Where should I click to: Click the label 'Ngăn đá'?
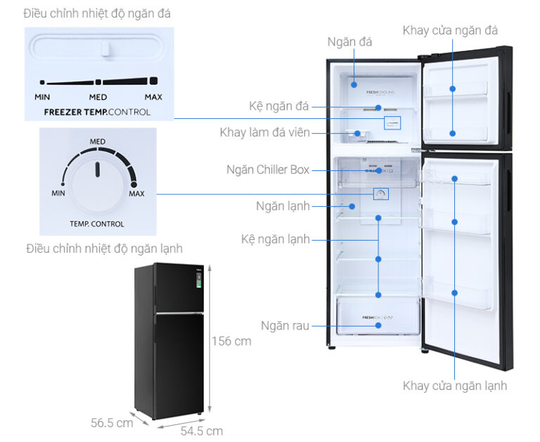tap(349, 42)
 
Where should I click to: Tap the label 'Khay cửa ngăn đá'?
tap(450, 30)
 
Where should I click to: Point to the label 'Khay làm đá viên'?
tap(264, 132)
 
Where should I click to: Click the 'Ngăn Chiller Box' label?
tap(268, 170)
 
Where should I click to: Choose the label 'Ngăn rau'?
tap(285, 325)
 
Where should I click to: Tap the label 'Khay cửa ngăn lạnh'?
tap(454, 385)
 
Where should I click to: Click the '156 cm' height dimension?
tap(231, 341)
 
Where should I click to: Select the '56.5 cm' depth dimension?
tap(112, 422)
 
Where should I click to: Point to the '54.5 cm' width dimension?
tap(200, 430)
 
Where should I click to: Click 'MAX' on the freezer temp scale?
tap(153, 97)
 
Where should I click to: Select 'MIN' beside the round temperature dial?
tap(58, 193)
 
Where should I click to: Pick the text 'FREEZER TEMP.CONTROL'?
tap(97, 112)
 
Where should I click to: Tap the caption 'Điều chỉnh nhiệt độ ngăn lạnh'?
tap(104, 248)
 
